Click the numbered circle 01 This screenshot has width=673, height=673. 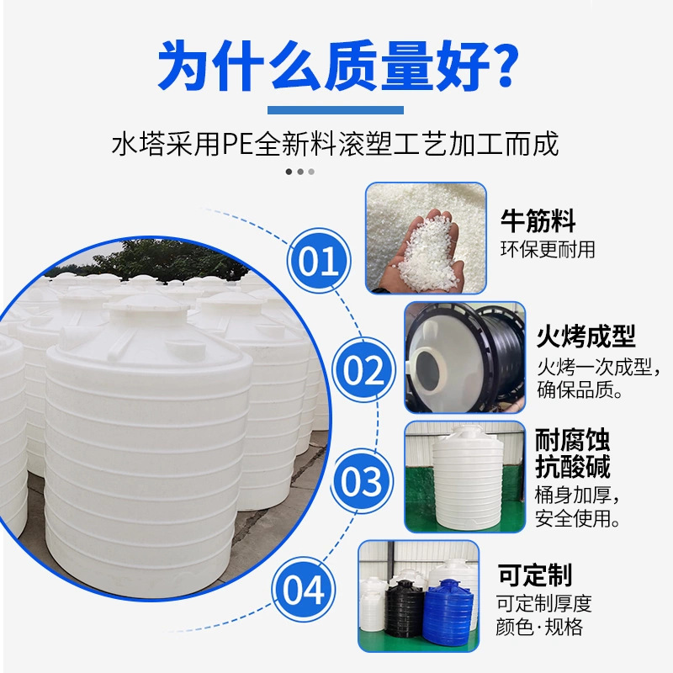point(319,262)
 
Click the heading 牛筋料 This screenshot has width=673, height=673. point(538,222)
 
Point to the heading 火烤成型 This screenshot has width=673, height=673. point(586,336)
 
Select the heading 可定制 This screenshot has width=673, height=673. point(535,575)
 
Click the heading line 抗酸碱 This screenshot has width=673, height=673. point(572,467)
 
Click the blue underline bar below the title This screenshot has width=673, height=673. point(336,109)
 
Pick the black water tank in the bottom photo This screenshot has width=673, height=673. point(404,612)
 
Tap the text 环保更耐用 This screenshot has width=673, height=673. point(548,250)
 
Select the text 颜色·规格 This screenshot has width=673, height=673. point(539,628)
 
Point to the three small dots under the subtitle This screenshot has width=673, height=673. point(299,172)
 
